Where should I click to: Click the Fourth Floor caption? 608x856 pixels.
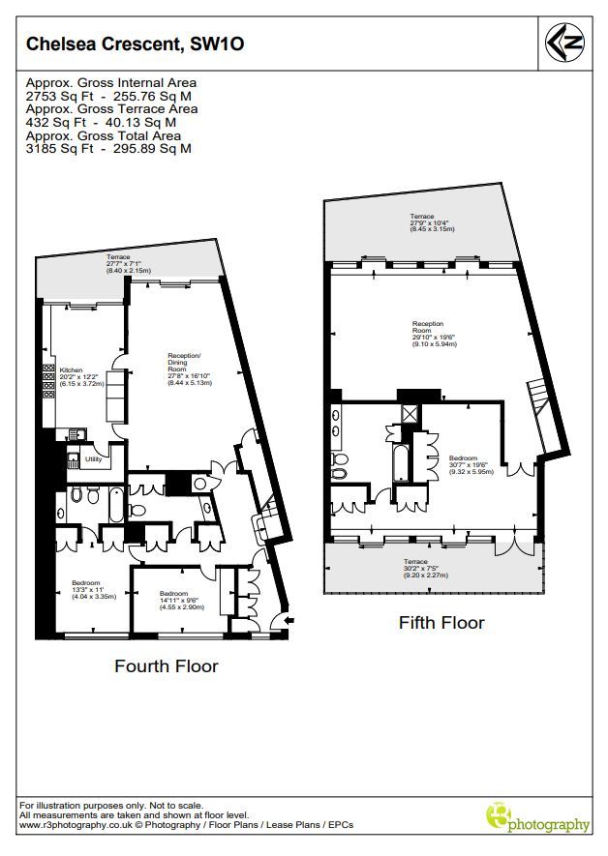(x=166, y=666)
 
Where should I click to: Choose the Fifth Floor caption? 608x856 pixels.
(x=441, y=623)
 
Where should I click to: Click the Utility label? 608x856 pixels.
(x=94, y=459)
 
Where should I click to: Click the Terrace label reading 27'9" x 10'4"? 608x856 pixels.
(x=431, y=223)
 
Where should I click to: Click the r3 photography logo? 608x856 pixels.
(x=536, y=819)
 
